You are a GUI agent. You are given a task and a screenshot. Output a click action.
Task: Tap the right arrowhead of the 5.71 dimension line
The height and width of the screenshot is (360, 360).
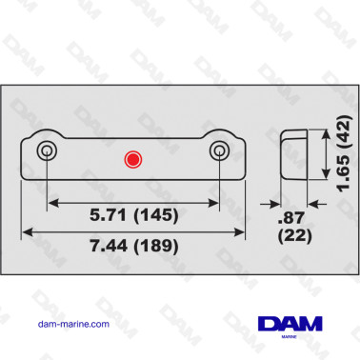(x=216, y=203)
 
